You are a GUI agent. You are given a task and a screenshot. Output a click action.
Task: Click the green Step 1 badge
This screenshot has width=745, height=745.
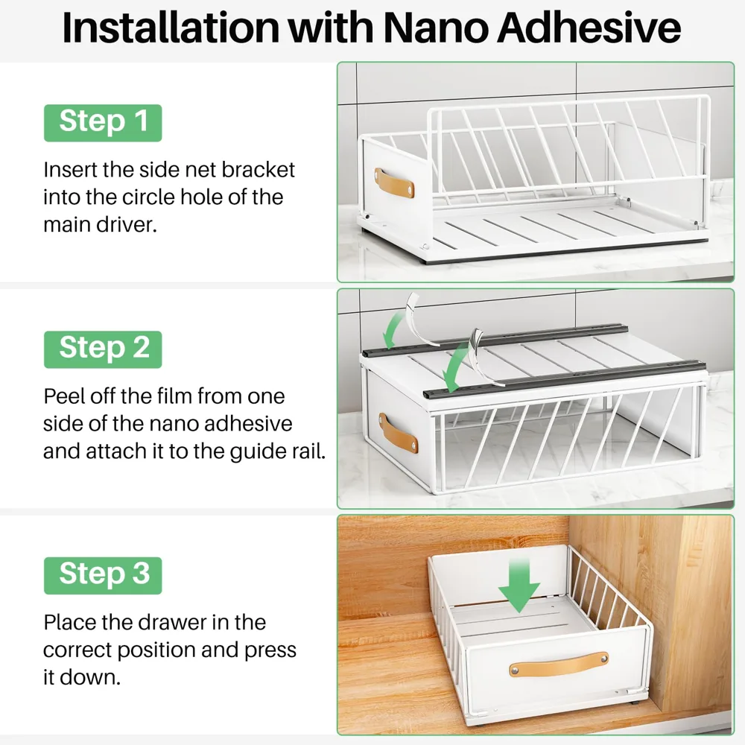click(103, 123)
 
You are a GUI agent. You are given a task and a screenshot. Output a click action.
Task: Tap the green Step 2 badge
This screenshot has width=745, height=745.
click(103, 349)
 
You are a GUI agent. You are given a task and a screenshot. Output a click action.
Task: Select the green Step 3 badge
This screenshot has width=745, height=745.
click(103, 575)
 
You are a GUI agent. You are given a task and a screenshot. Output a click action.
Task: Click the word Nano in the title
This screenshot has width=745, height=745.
click(437, 28)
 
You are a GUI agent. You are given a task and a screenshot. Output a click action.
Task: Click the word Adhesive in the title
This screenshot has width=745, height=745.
click(589, 28)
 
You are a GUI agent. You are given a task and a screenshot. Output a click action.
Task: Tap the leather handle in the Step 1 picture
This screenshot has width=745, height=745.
click(394, 183)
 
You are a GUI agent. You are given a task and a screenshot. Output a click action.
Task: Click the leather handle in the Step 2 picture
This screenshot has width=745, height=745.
click(398, 433)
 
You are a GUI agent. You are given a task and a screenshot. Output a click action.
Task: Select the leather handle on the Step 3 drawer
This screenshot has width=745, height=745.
click(558, 664)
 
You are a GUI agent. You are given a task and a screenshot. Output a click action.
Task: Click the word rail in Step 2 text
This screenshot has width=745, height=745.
click(309, 451)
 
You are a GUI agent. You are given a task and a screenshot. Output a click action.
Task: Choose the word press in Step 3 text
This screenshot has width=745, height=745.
click(270, 650)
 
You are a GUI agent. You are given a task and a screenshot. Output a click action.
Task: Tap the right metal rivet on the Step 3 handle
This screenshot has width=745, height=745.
click(603, 659)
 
